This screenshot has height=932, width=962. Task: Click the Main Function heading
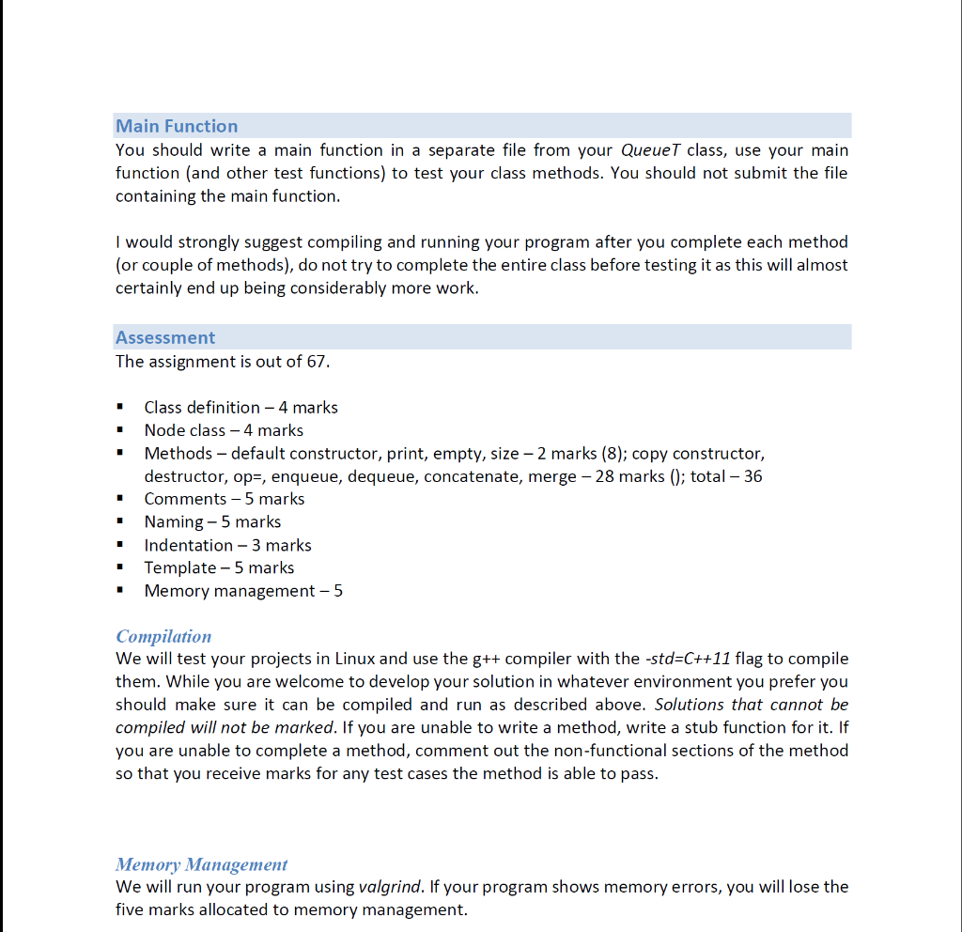(177, 126)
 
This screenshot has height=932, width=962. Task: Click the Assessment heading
(165, 337)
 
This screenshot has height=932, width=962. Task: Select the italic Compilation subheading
(163, 636)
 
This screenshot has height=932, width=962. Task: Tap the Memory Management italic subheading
(201, 864)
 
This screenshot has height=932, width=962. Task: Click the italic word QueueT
(651, 150)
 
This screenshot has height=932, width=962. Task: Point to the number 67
(318, 362)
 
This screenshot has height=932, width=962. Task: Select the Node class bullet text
(224, 430)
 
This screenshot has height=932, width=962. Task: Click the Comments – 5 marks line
(224, 499)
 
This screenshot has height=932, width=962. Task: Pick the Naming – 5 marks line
(212, 521)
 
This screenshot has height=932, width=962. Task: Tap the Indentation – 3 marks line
(227, 545)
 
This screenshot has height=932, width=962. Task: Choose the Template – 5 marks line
(219, 567)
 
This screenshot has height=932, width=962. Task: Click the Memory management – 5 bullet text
(243, 591)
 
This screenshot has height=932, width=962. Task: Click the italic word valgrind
(390, 887)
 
